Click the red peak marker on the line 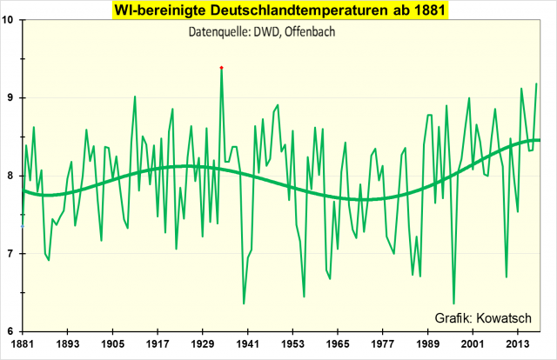[x=221, y=67]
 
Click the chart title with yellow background [x=278, y=10]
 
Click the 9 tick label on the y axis [x=12, y=97]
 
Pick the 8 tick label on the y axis [x=12, y=176]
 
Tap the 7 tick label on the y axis [x=12, y=254]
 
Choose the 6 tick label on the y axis [x=12, y=331]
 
